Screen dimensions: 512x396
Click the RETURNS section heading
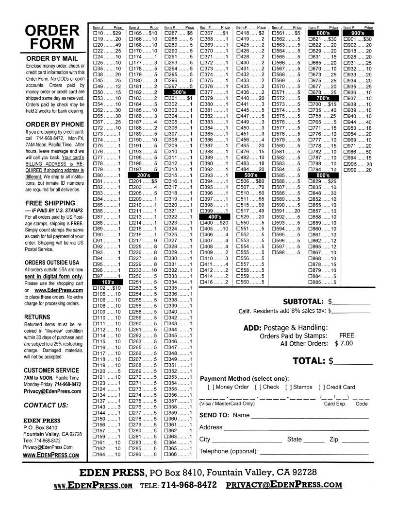tap(37, 317)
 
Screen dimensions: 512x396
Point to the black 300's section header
tap(180, 92)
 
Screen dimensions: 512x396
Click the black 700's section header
tap(323, 98)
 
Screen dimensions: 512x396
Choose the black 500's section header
tap(251, 175)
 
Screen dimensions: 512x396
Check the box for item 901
tap(345, 39)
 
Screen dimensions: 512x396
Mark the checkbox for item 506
tap(238, 181)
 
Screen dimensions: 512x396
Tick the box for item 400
tap(202, 222)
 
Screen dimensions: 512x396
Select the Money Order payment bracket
tap(211, 388)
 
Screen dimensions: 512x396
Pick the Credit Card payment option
tap(322, 388)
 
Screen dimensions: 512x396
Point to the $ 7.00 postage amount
tap(344, 343)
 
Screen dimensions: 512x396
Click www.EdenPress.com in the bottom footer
tap(93, 485)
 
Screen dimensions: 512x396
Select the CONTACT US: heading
tap(46, 405)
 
